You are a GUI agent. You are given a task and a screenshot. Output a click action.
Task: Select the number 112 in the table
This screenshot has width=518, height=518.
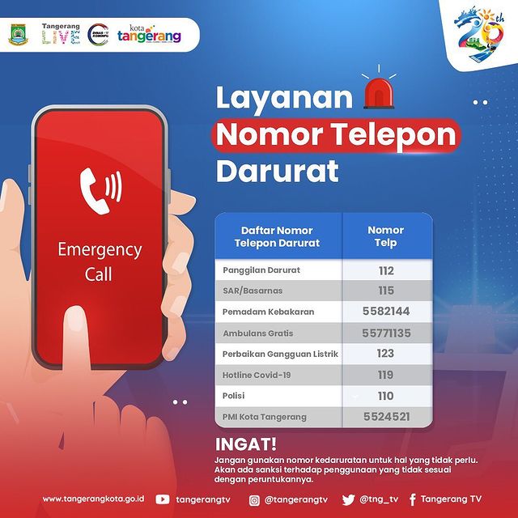tap(386, 271)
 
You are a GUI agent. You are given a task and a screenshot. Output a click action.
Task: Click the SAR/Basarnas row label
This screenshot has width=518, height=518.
tap(253, 291)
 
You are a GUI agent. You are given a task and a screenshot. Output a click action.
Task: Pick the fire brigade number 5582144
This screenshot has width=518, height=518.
tap(386, 311)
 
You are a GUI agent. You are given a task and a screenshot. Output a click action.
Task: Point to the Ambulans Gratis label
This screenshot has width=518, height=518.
tap(257, 333)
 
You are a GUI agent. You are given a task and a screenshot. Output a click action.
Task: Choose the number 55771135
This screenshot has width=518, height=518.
tap(386, 333)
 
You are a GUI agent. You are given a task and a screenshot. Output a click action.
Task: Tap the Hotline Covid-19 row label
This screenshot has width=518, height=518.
tap(257, 375)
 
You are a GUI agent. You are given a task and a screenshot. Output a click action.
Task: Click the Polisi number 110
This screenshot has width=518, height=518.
tap(386, 396)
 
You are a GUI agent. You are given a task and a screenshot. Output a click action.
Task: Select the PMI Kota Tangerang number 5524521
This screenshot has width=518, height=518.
tap(387, 417)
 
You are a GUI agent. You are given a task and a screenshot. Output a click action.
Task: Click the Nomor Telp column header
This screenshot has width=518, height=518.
tap(386, 236)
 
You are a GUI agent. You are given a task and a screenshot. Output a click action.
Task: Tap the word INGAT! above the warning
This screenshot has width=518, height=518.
tap(246, 444)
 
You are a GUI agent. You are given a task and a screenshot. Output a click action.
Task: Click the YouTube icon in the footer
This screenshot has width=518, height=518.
tap(163, 499)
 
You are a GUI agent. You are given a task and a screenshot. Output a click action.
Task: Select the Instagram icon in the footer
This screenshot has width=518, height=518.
tap(254, 500)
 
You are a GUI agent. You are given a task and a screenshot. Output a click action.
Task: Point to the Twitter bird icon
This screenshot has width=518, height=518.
tap(348, 500)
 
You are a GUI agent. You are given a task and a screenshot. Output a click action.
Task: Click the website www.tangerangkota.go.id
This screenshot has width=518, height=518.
tap(94, 499)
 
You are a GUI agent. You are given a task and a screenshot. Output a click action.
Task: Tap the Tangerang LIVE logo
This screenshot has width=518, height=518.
tap(62, 34)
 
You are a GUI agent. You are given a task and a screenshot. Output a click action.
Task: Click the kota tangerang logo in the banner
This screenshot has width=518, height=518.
tap(149, 34)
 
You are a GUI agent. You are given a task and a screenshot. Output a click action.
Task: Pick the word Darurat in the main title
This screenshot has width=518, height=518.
tap(278, 171)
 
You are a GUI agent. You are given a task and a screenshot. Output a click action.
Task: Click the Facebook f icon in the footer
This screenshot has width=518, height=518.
tap(412, 500)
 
